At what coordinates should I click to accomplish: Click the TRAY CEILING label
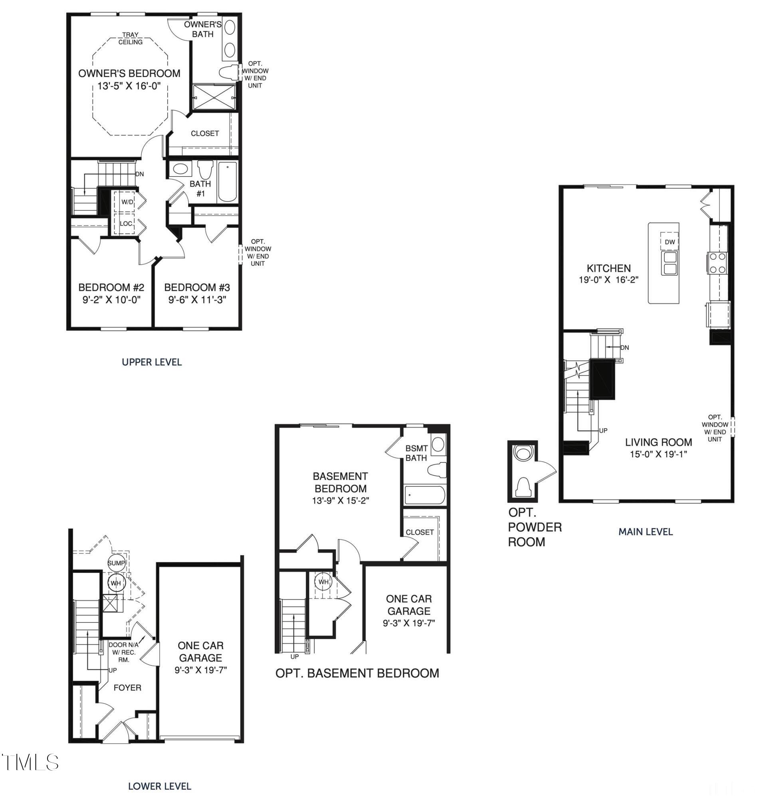(130, 38)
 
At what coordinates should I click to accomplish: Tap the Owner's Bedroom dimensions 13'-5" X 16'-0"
(129, 86)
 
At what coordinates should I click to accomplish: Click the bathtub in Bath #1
(227, 182)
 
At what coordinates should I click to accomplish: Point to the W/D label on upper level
(127, 202)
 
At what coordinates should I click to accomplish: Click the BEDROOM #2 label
(111, 287)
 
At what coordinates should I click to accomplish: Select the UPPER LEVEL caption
(152, 362)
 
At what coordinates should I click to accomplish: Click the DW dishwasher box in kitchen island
(670, 242)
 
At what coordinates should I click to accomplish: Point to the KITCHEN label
(608, 268)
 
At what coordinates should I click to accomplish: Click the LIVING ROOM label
(658, 442)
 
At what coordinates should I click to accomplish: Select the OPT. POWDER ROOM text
(534, 527)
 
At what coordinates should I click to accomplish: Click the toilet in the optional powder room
(523, 487)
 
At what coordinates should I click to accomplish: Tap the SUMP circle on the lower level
(116, 563)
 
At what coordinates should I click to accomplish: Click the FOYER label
(127, 687)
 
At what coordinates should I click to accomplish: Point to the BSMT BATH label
(416, 453)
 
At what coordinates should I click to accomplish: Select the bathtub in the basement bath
(425, 495)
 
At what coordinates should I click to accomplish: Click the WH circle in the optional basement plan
(323, 582)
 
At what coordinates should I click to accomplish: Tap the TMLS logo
(30, 762)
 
